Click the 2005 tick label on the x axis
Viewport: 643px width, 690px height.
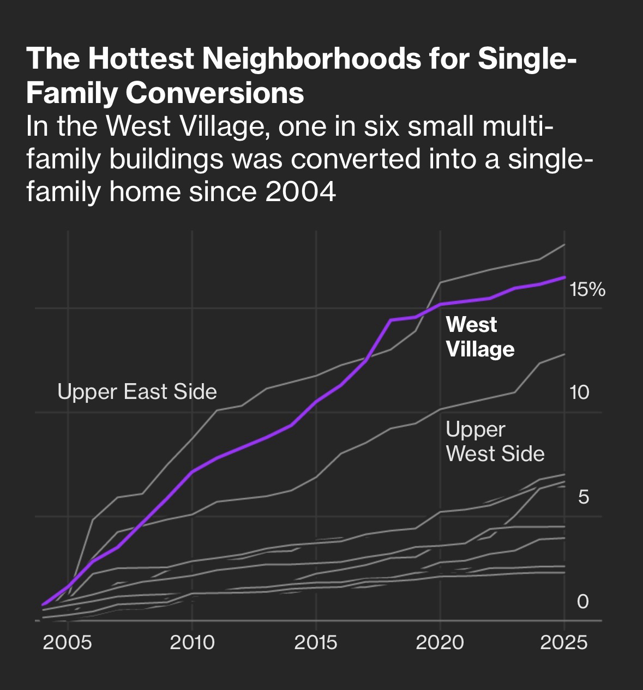[x=68, y=643]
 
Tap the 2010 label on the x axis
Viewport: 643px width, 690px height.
[x=192, y=643]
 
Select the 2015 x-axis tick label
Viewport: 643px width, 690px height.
[x=316, y=643]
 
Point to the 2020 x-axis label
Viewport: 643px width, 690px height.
[x=440, y=643]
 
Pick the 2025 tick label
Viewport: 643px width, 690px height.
[x=564, y=643]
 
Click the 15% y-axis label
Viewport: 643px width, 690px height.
[x=587, y=290]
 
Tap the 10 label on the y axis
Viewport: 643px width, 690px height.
[x=580, y=392]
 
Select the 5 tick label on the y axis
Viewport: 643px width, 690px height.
[x=584, y=497]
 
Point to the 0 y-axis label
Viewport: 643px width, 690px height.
[x=583, y=601]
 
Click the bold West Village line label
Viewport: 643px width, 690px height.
[x=480, y=337]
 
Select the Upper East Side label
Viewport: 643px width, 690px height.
[x=137, y=392]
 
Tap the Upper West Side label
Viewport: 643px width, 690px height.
[x=495, y=441]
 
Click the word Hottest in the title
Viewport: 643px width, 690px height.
[x=141, y=59]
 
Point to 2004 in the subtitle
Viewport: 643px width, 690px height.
[x=301, y=192]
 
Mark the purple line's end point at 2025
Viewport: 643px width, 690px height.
[x=564, y=277]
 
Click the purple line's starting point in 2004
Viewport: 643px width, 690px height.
[x=43, y=604]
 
